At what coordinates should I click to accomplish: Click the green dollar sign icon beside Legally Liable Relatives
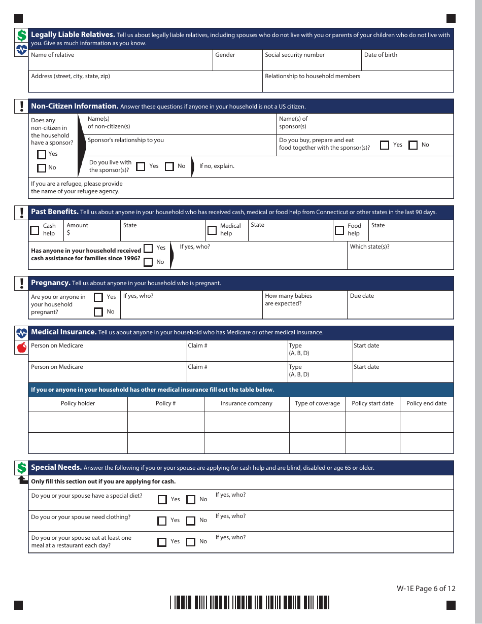pos(21,36)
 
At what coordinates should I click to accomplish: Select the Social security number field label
pos(294,55)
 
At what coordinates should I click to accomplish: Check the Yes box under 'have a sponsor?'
pos(42,154)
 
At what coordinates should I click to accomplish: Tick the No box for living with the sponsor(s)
pos(169,166)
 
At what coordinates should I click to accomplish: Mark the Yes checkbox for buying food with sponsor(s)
pos(385,145)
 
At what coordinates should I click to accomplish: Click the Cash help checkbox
pos(35,230)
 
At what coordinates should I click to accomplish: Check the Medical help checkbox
pos(212,230)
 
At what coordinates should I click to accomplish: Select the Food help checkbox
pos(339,230)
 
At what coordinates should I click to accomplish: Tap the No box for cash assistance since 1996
pos(148,262)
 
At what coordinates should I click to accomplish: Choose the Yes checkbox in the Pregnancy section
pos(98,297)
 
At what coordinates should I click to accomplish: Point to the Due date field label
pos(362,296)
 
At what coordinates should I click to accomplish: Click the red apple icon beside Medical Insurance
pos(21,348)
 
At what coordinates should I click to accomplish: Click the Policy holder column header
pos(78,404)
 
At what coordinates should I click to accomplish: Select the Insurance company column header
pos(246,404)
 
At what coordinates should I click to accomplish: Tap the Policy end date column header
pos(426,404)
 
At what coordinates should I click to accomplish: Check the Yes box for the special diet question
pos(162,500)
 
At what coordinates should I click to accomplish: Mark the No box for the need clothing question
pos(191,521)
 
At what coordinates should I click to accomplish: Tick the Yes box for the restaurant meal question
pos(162,542)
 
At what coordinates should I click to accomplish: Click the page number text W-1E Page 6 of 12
pos(426,588)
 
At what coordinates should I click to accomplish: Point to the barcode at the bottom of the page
pos(250,602)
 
